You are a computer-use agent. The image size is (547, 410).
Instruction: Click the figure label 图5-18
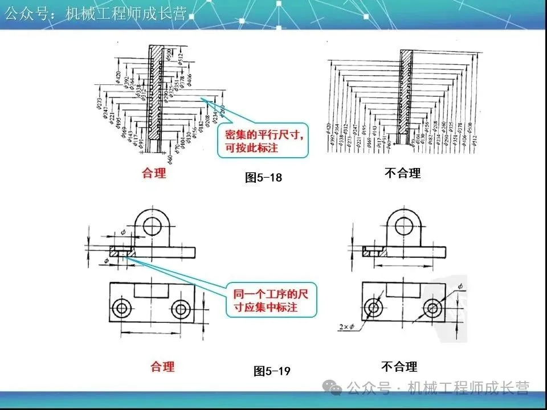point(263,177)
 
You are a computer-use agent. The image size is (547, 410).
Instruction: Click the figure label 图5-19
point(272,371)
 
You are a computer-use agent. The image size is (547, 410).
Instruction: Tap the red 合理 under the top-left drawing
point(154,173)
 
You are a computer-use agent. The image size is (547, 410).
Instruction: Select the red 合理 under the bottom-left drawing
point(162,366)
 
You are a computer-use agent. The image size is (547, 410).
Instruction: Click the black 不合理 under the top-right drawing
point(402,173)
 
